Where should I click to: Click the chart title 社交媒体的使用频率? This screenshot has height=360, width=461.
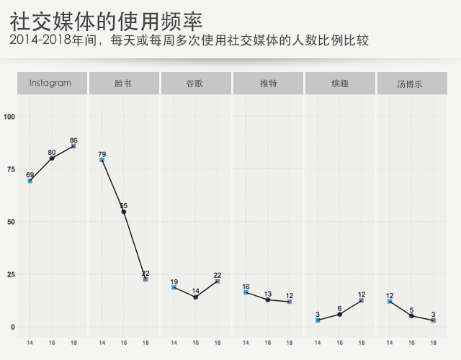tap(107, 19)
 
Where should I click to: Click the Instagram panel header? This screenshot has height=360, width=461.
tap(50, 84)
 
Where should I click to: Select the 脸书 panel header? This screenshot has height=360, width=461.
tap(122, 84)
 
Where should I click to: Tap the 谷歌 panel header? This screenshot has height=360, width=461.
tap(194, 84)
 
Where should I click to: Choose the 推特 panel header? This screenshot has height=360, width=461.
tap(268, 84)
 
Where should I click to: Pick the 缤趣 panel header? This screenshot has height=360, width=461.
tap(340, 84)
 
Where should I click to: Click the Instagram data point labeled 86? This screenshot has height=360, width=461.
tap(73, 146)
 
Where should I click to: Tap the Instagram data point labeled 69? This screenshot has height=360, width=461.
tap(30, 181)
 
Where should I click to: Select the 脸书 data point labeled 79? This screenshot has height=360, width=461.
tap(102, 161)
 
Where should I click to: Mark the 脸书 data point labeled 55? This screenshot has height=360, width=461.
tap(124, 212)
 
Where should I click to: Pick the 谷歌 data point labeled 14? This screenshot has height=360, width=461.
tap(195, 297)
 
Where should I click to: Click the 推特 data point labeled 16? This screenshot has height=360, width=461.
tap(246, 293)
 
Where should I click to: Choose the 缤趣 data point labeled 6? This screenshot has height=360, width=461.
tap(340, 315)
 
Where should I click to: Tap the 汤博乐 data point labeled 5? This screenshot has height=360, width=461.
tap(411, 316)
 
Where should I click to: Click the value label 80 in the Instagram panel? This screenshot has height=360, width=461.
tap(52, 152)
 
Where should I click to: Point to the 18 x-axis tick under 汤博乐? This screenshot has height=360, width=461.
tap(434, 342)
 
